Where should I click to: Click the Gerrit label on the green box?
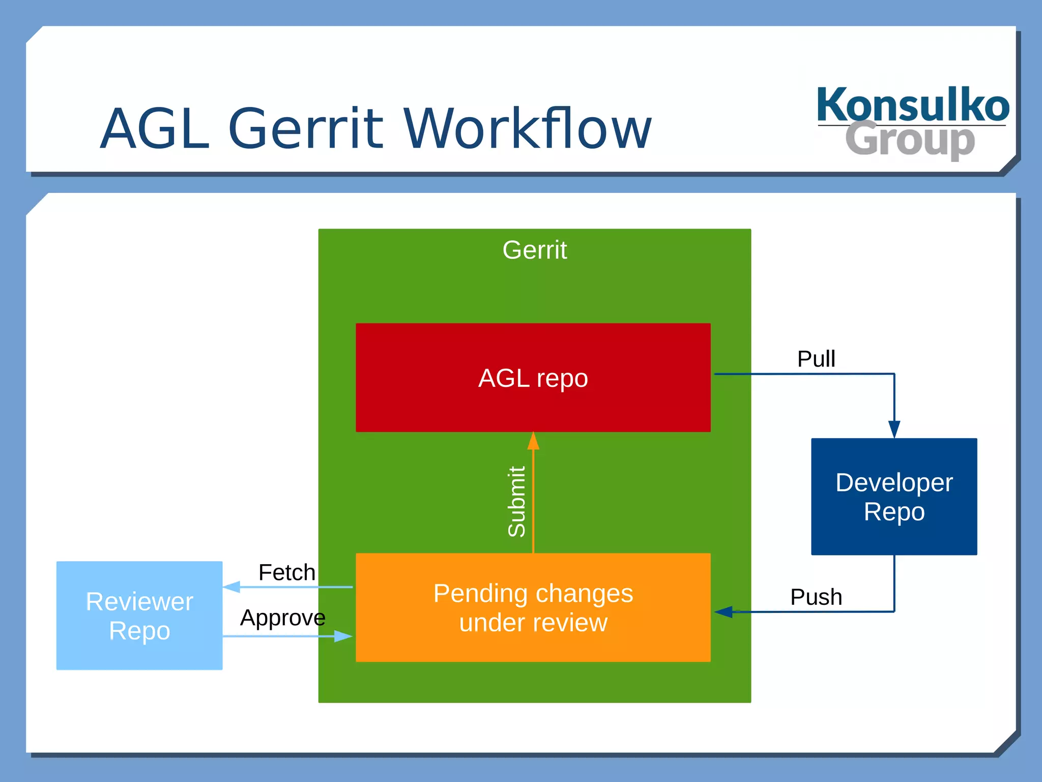534,250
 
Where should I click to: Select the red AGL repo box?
533,378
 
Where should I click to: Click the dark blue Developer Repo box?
893,496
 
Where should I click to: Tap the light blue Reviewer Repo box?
139,615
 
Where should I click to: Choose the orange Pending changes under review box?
533,607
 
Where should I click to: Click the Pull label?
816,359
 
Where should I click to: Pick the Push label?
816,597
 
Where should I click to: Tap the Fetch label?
286,572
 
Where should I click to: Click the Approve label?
282,618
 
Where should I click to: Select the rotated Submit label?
516,501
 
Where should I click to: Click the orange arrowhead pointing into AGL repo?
533,441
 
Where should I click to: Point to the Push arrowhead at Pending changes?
723,611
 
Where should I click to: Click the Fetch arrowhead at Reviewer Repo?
231,587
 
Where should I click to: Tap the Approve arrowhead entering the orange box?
343,636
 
